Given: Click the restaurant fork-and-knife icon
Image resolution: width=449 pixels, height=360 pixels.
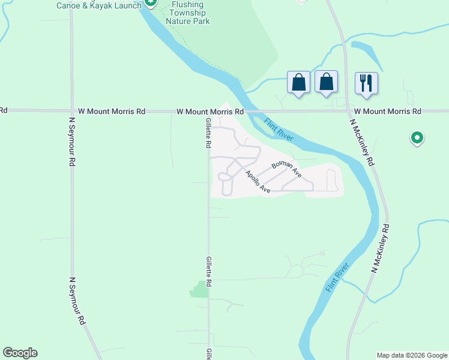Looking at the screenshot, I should (x=366, y=83).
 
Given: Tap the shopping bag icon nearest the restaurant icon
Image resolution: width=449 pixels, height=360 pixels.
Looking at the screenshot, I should (x=326, y=82).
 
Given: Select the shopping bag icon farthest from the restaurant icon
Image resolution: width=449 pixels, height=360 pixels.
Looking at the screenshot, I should (x=299, y=83).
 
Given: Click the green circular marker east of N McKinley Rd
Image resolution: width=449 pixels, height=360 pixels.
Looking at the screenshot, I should (x=417, y=139).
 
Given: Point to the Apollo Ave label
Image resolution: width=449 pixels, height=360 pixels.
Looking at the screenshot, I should (x=258, y=182).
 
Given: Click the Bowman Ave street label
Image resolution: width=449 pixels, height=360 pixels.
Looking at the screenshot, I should (x=286, y=169).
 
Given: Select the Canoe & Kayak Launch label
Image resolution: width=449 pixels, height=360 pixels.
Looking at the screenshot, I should (x=99, y=5).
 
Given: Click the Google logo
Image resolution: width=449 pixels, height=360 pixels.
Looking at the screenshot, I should (x=20, y=353).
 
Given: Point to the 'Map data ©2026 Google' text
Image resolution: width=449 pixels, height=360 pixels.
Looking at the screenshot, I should (x=412, y=355).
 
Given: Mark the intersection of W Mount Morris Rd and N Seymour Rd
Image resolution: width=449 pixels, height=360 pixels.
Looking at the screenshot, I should (x=71, y=111).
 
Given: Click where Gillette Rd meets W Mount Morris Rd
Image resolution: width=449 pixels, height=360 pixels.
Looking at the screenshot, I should (x=208, y=112).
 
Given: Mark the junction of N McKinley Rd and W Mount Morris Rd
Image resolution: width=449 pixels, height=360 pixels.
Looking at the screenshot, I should (x=347, y=111).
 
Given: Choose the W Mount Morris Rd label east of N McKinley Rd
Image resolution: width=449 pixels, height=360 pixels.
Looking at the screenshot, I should (x=387, y=111).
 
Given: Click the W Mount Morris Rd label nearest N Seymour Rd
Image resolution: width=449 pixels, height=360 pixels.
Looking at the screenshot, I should (x=112, y=111).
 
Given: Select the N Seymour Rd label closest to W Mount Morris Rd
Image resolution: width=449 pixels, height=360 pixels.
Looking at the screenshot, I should (x=72, y=142).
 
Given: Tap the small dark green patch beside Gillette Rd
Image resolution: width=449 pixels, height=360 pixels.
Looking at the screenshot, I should (x=199, y=289).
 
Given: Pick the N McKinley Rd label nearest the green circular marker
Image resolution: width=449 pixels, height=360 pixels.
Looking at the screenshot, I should (x=363, y=142).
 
